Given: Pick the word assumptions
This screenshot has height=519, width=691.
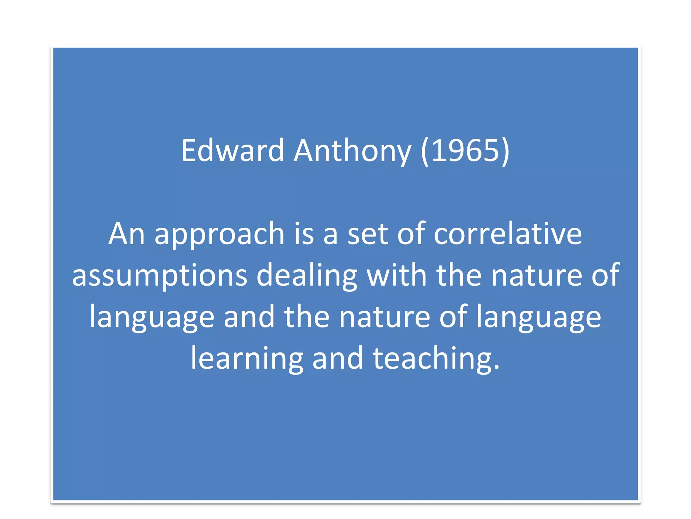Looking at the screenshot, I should [x=160, y=275].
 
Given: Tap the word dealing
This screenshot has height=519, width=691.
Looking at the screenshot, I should [x=306, y=275].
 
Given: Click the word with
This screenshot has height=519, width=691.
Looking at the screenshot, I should [x=397, y=275].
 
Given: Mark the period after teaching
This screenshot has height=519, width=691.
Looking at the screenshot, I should [x=496, y=366].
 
